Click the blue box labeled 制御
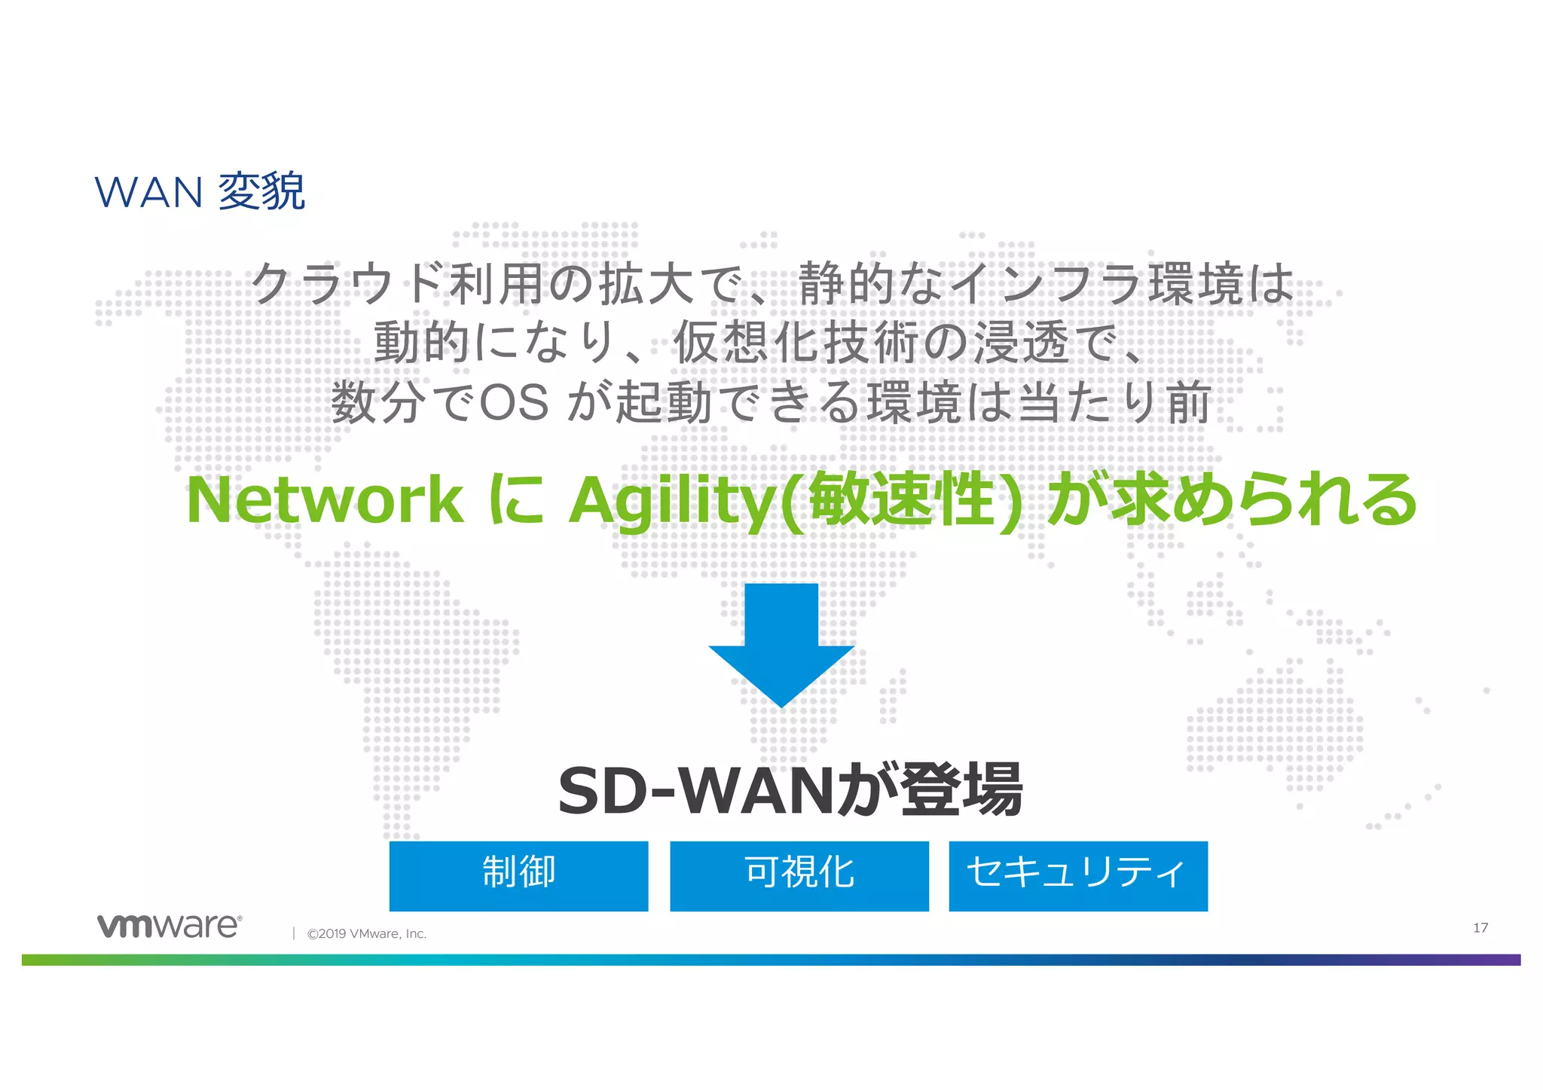[x=518, y=875]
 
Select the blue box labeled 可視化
[x=799, y=875]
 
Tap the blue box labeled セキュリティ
[x=1077, y=875]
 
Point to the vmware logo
[x=170, y=926]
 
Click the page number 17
[x=1480, y=927]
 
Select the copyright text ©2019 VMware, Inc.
[x=366, y=933]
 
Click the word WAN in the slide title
[x=148, y=192]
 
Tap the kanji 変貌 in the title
[x=261, y=191]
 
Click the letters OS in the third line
[x=514, y=402]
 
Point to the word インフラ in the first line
[x=1045, y=284]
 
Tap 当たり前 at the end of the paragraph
[x=1114, y=402]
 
